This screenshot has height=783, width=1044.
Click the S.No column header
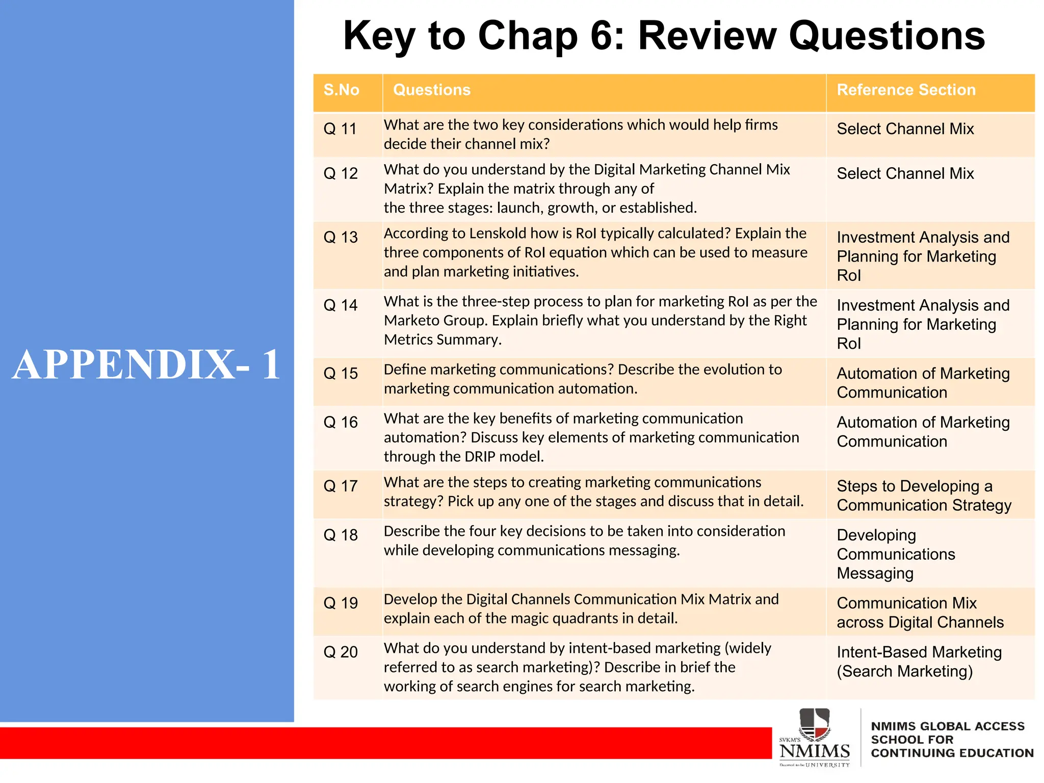click(x=341, y=90)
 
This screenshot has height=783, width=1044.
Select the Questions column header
click(x=431, y=90)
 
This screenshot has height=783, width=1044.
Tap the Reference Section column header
click(x=906, y=90)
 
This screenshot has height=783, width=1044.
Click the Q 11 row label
click(x=340, y=129)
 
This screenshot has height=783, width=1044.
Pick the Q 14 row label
click(x=340, y=305)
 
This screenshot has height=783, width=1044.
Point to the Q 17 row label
click(x=340, y=486)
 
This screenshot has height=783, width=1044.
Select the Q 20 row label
click(x=340, y=652)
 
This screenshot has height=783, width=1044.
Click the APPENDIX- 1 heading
click(x=146, y=364)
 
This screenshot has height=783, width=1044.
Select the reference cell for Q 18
click(x=896, y=554)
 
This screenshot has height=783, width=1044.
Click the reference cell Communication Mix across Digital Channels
click(x=920, y=613)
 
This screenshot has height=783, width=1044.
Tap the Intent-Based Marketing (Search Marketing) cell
click(x=919, y=662)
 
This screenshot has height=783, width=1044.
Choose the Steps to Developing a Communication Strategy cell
click(x=923, y=495)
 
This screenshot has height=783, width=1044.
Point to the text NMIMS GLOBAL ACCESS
click(x=947, y=726)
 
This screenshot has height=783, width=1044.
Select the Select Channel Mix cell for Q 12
click(x=905, y=174)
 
